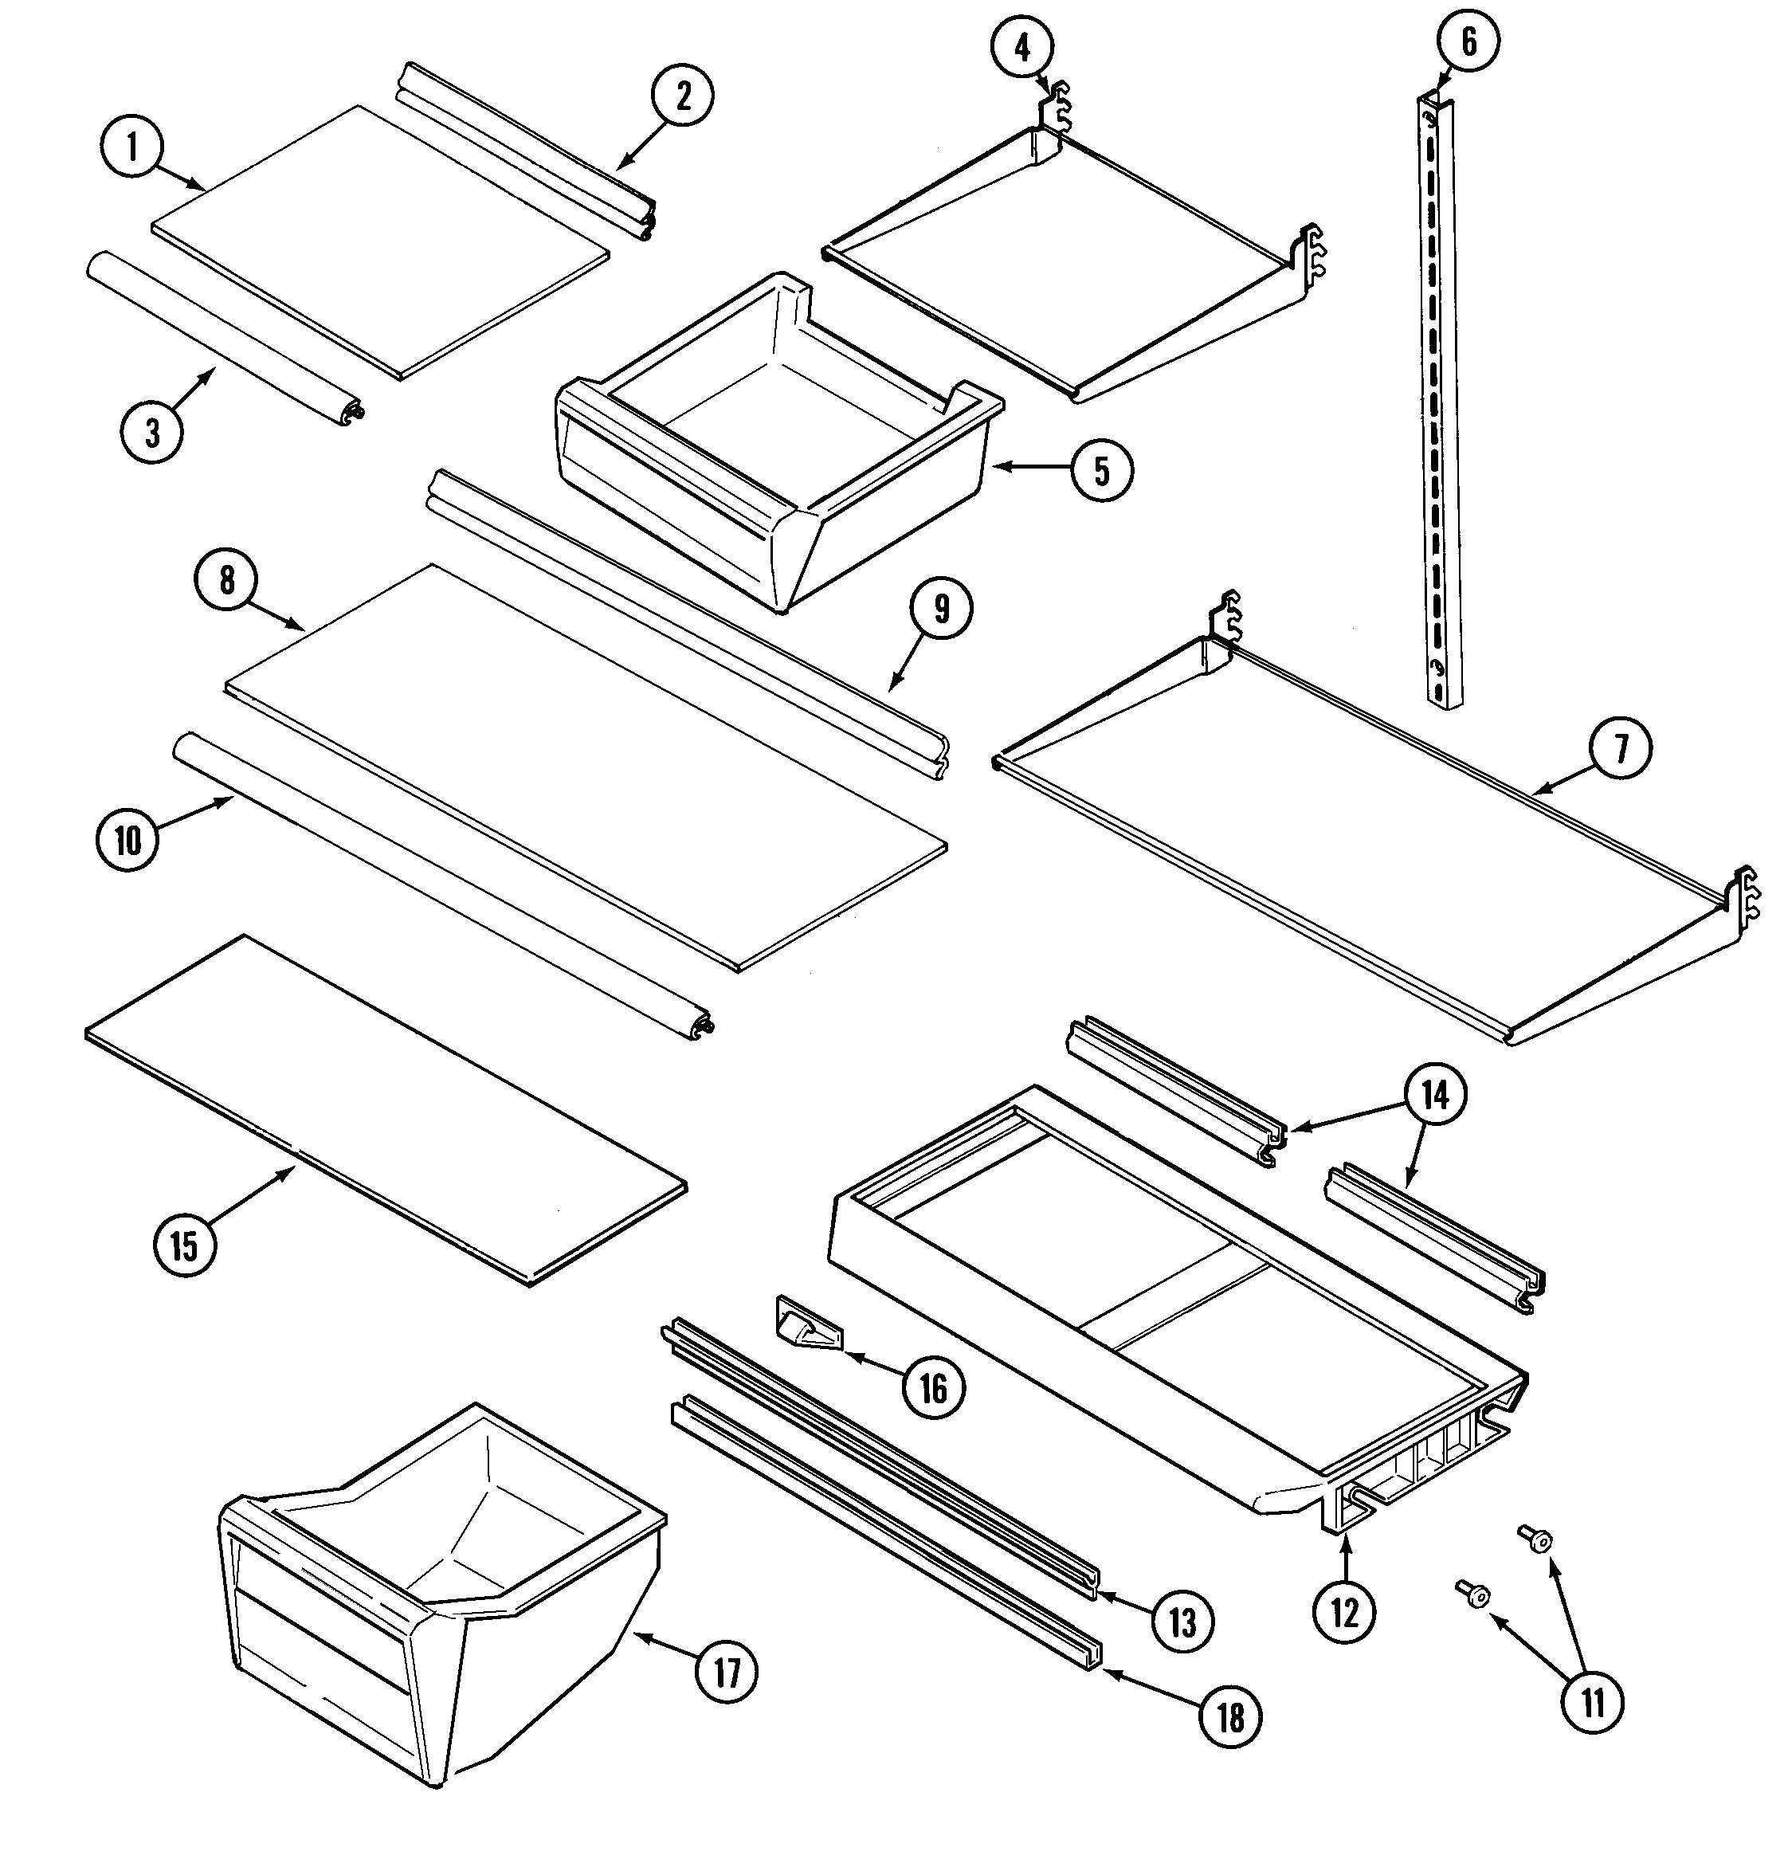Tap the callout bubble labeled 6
coord(1468,41)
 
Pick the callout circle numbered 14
coord(1434,1095)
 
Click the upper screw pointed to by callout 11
coord(1536,1538)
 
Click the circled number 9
coord(940,610)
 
